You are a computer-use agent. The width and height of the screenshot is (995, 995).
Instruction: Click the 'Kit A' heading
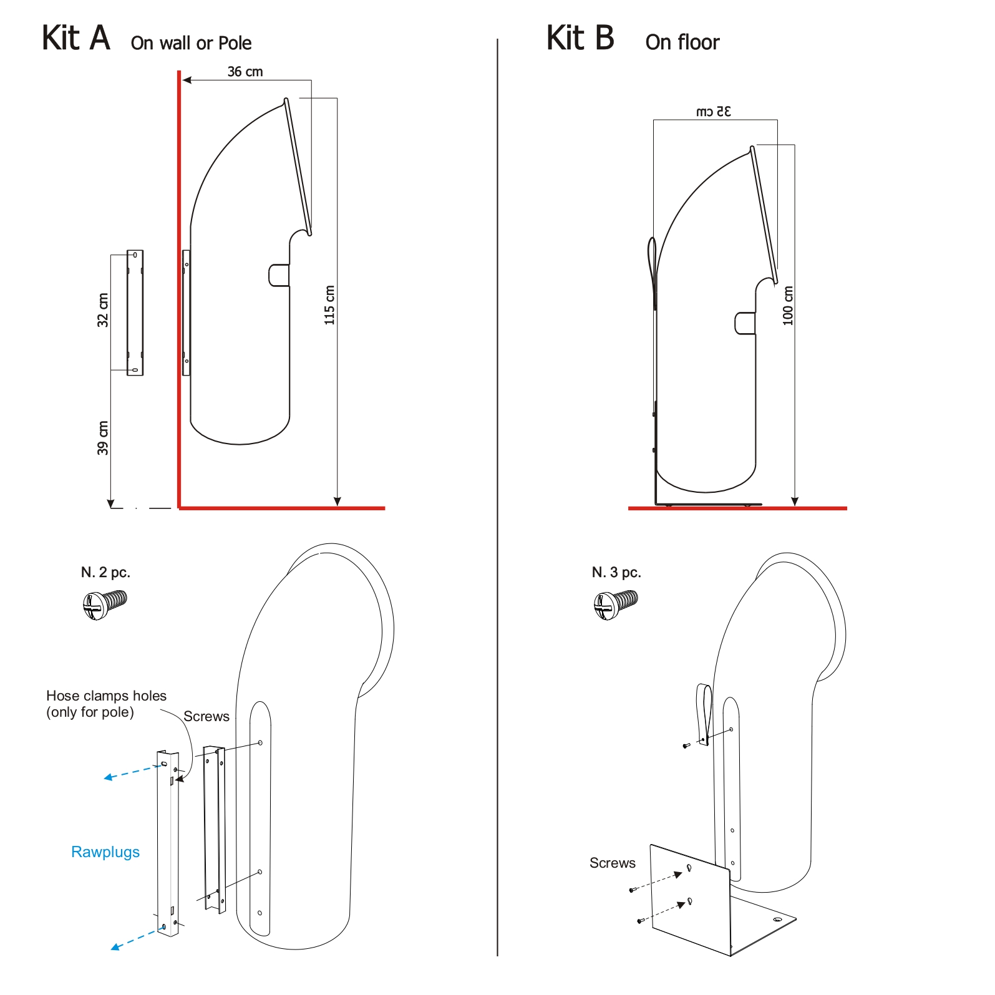point(76,38)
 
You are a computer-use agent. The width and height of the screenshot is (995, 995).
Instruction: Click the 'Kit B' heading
point(580,38)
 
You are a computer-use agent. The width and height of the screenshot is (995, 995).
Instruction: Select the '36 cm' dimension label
point(245,72)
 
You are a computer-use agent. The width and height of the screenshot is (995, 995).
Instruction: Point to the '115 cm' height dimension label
point(329,305)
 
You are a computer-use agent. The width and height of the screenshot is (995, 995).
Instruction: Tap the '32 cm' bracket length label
point(103,310)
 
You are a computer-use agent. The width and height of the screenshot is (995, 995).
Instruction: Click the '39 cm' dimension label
point(103,438)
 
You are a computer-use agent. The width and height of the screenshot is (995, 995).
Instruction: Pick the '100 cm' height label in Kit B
point(788,306)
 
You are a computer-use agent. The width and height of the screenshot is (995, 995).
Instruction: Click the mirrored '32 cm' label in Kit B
point(713,112)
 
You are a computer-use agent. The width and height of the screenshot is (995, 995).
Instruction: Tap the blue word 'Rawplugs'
point(105,852)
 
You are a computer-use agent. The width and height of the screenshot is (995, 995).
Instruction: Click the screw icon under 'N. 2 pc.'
point(104,604)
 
